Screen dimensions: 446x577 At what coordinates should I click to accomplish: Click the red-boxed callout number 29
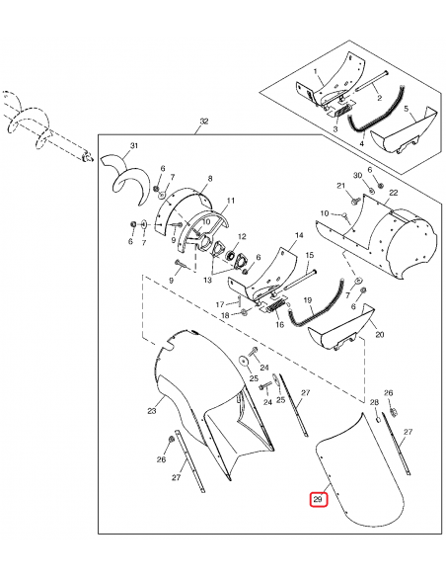[318, 499]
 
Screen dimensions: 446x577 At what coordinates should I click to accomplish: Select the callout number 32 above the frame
[204, 122]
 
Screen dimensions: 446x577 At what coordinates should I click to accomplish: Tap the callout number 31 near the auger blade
[134, 145]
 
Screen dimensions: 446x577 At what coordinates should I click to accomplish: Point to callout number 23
[152, 411]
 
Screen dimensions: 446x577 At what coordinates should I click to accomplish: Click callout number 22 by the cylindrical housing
[394, 193]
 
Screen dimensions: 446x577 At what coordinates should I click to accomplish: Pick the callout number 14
[299, 235]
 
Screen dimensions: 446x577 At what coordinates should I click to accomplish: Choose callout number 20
[380, 334]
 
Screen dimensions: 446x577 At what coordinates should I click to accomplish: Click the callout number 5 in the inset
[406, 109]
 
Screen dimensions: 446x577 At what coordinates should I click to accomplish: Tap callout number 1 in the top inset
[315, 71]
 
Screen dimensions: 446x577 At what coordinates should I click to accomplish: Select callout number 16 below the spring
[279, 324]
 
